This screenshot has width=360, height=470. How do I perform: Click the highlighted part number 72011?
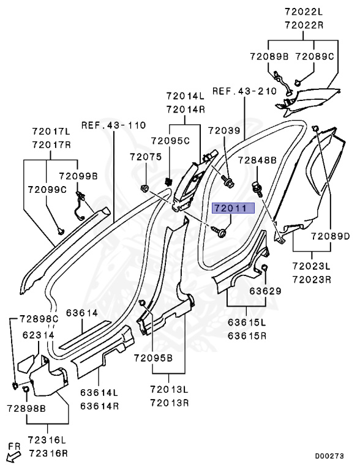coord(230,208)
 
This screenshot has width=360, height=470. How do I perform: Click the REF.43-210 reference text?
coord(244,91)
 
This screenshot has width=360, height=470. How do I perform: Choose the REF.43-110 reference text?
coord(113,125)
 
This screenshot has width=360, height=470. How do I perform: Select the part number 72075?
coord(145,157)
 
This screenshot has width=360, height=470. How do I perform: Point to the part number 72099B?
coord(78,176)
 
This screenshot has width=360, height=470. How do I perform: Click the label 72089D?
coord(329,236)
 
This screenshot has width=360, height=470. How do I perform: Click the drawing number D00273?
coord(329,456)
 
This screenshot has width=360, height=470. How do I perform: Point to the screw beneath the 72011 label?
coord(219,231)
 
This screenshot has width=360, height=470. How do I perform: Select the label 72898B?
coord(24,407)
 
